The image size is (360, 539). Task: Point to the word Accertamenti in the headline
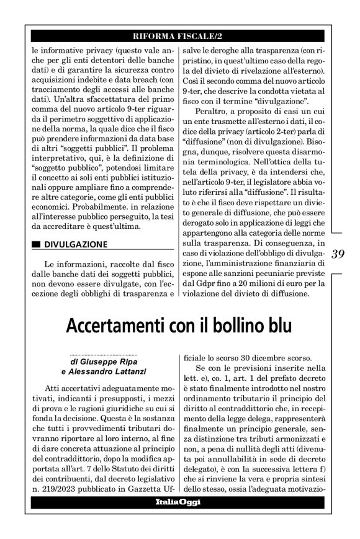pyautogui.click(x=122, y=324)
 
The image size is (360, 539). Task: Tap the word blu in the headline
pyautogui.click(x=277, y=324)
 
